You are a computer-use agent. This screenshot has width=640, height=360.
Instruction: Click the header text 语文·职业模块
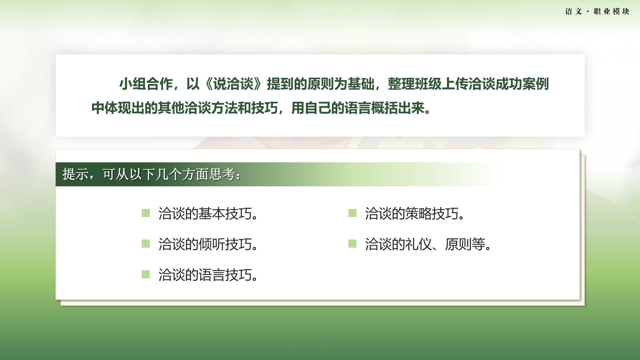pyautogui.click(x=597, y=11)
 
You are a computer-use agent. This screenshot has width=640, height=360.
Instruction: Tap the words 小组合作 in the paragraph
pyautogui.click(x=146, y=84)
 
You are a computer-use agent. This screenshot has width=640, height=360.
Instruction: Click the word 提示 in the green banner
pyautogui.click(x=75, y=174)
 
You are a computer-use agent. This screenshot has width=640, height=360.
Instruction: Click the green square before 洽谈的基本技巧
pyautogui.click(x=146, y=213)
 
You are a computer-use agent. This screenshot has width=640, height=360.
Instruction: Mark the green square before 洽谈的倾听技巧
pyautogui.click(x=146, y=244)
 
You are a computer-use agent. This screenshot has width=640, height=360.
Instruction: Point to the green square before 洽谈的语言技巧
pyautogui.click(x=146, y=274)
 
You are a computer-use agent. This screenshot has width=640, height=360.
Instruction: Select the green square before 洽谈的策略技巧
pyautogui.click(x=352, y=213)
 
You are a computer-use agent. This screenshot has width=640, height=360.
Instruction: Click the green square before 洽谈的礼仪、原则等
pyautogui.click(x=352, y=244)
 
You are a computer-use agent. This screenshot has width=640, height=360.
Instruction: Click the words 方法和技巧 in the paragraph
pyautogui.click(x=244, y=108)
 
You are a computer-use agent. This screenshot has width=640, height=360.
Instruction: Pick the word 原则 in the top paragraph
pyautogui.click(x=320, y=84)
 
